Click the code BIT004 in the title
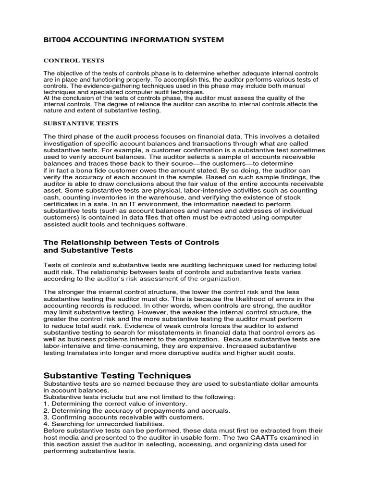tap(57, 40)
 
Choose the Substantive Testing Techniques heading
tap(117, 375)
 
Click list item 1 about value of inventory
tap(115, 404)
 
